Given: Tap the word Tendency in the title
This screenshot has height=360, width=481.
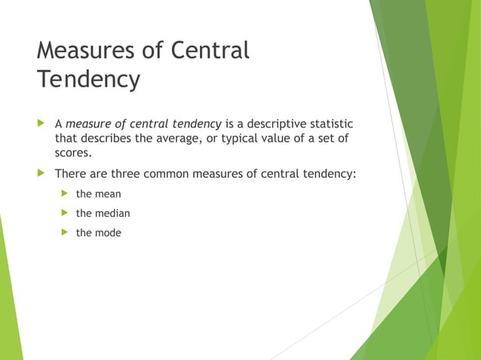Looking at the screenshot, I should pos(88,79).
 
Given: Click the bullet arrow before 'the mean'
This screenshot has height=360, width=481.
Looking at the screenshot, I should pos(65,194).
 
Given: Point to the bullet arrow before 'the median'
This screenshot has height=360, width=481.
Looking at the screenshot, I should pos(65,213).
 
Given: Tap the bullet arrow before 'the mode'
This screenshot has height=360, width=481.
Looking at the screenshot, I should pos(65,233).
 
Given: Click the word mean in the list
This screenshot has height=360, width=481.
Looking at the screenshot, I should pos(108,194).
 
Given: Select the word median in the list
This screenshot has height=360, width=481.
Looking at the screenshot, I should pos(112,213).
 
